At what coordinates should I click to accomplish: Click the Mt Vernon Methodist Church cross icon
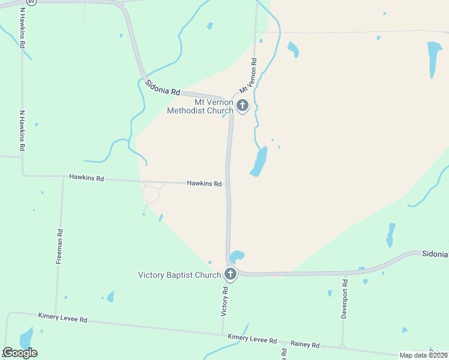tap(243, 106)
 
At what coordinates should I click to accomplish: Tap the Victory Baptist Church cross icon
tap(230, 275)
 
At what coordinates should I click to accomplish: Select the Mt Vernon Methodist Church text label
tap(200, 106)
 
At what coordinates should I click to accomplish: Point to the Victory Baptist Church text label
tap(179, 275)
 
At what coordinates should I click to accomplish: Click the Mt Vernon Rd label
tap(247, 75)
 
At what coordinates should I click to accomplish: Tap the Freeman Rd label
tap(59, 246)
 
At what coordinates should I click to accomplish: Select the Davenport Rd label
tap(345, 299)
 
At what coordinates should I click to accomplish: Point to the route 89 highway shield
tap(32, 2)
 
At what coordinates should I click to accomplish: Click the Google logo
tap(20, 353)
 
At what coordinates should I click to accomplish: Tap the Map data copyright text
tap(424, 355)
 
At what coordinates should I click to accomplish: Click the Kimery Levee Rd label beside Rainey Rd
tap(252, 339)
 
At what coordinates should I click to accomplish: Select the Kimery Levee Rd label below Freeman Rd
tap(62, 317)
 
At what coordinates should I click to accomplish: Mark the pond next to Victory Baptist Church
tap(237, 257)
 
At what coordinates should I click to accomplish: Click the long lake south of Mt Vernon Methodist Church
tap(259, 161)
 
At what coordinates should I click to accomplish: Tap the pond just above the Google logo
tap(26, 337)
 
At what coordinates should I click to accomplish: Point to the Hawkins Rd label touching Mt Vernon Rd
tap(204, 184)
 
